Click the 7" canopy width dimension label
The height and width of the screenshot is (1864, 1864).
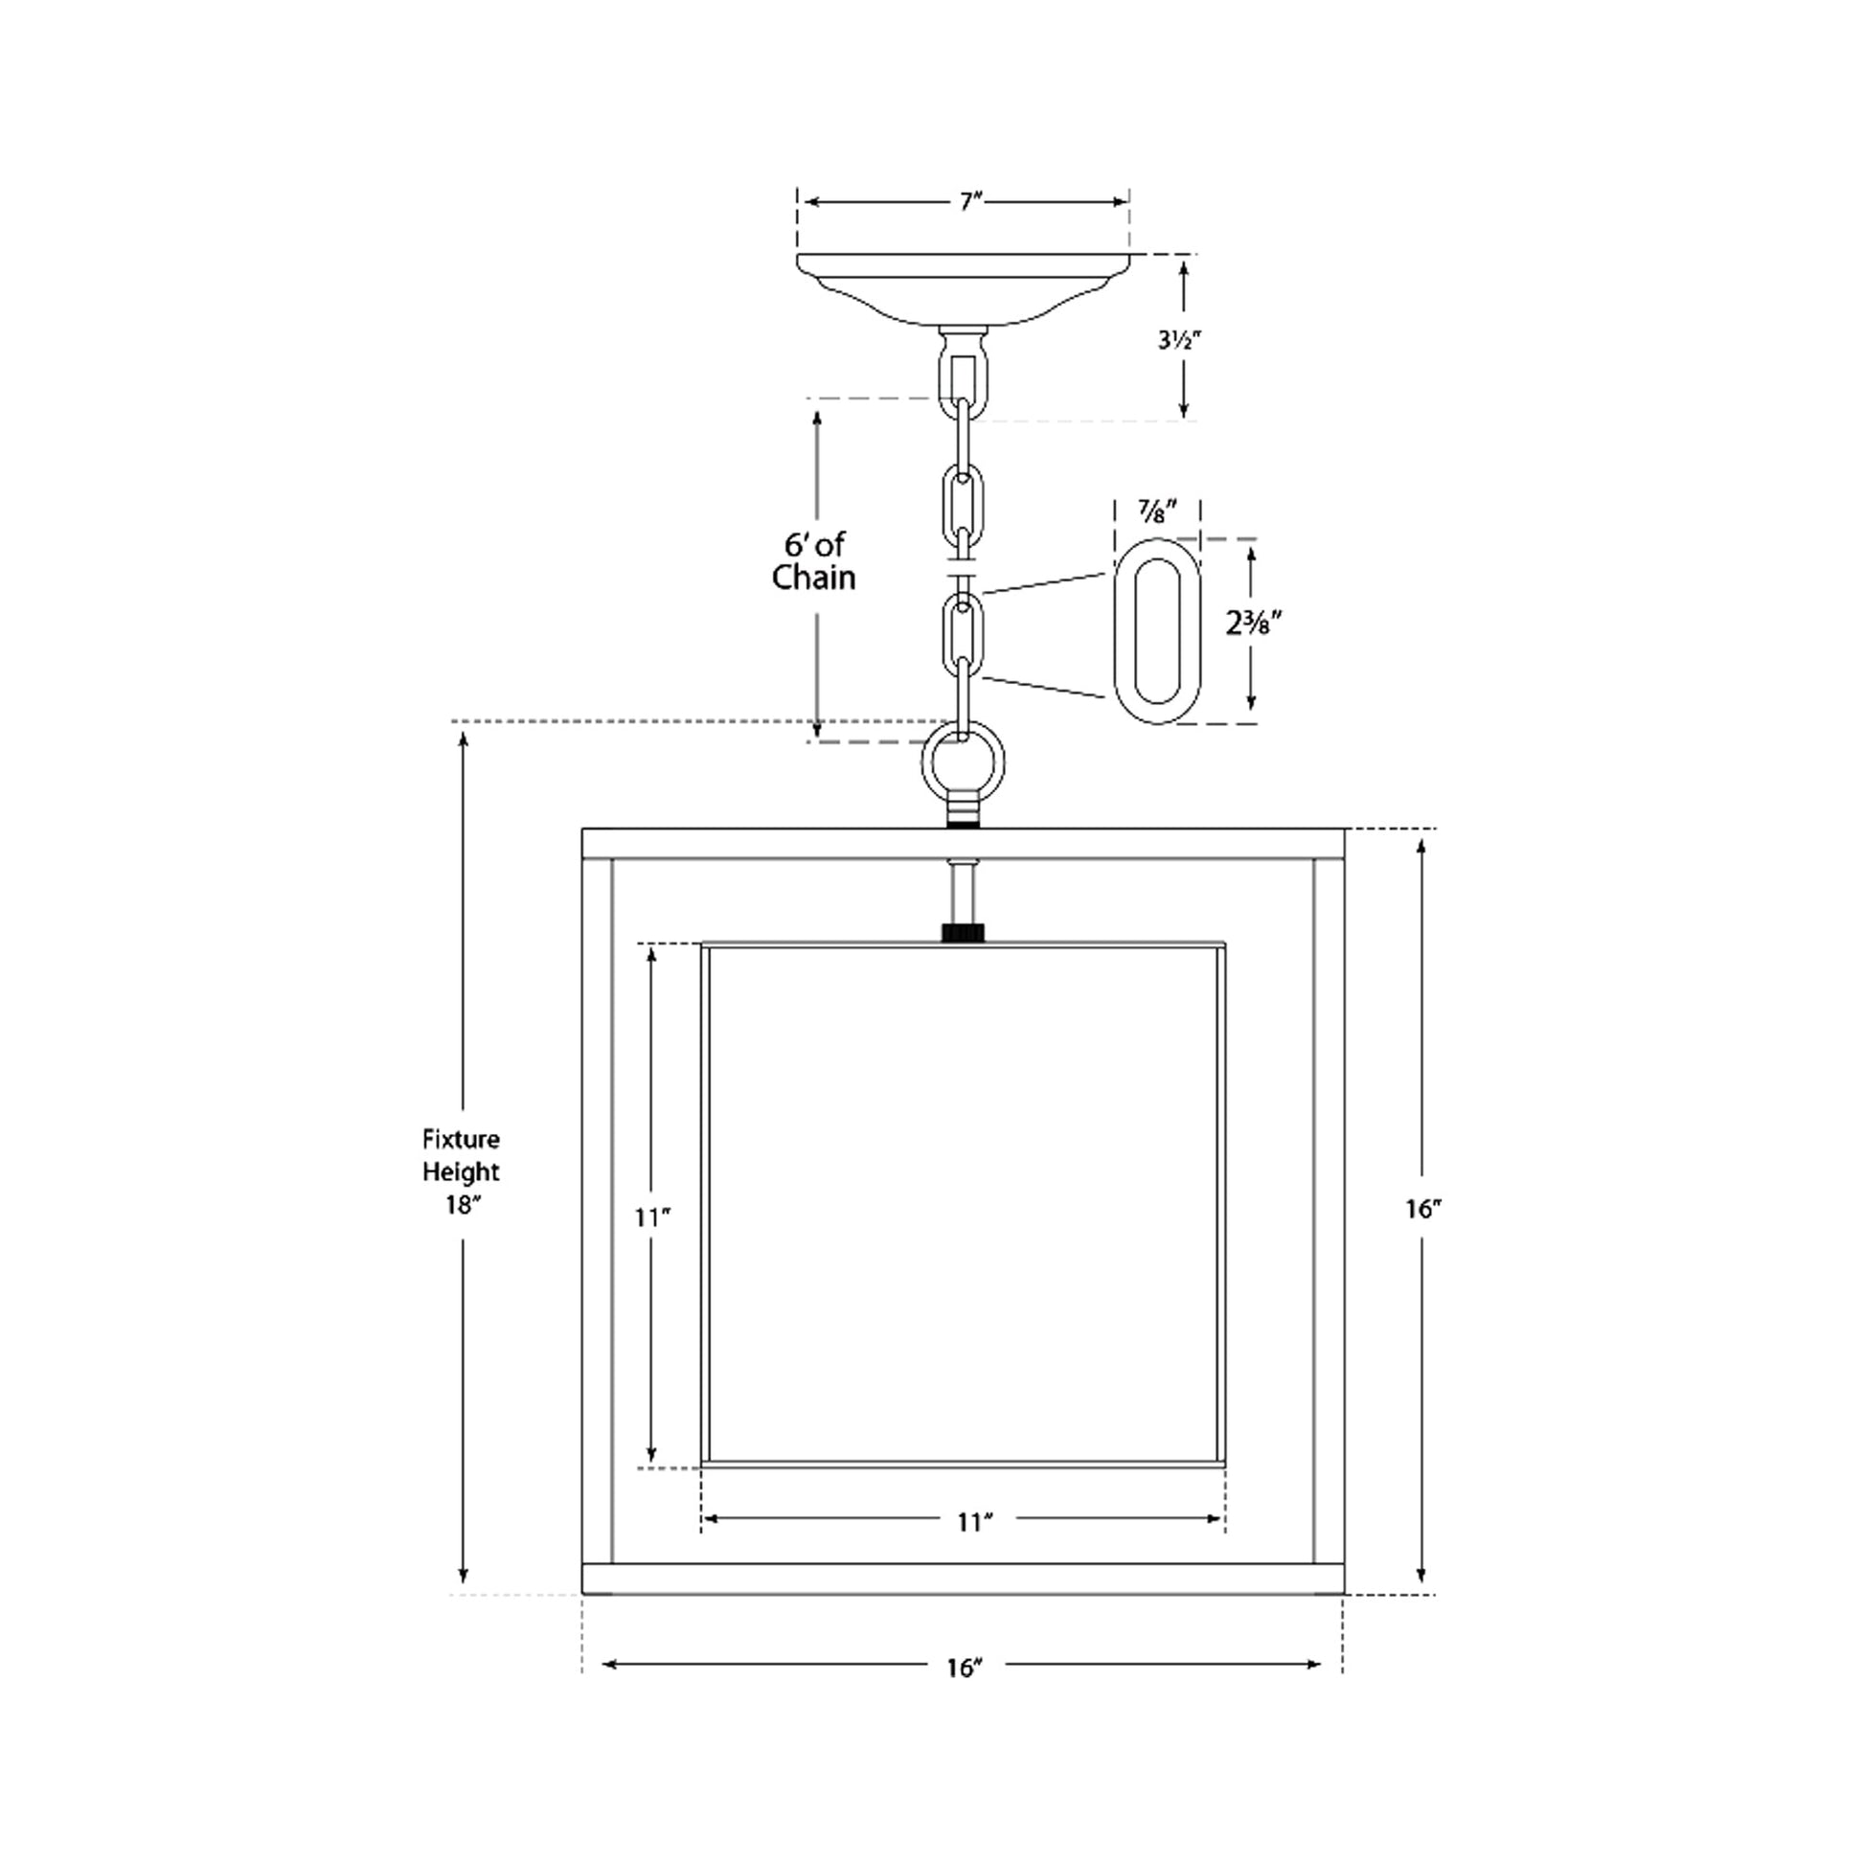(x=969, y=203)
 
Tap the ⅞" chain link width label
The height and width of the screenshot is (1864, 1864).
(x=1156, y=512)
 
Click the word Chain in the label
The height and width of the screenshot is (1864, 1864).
(x=813, y=579)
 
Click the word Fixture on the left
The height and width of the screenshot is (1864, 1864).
(x=460, y=1140)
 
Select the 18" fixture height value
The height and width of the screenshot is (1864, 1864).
(x=462, y=1205)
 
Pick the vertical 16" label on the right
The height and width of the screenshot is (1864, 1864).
(x=1423, y=1209)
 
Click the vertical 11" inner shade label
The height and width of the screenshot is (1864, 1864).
(x=652, y=1217)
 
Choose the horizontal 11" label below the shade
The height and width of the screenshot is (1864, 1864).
(x=974, y=1522)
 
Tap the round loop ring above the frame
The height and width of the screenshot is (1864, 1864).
(x=963, y=764)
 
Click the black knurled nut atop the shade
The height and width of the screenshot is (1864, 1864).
(x=963, y=933)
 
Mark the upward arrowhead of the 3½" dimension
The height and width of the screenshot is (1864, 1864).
(x=1184, y=266)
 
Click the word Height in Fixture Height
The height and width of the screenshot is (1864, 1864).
(x=461, y=1172)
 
